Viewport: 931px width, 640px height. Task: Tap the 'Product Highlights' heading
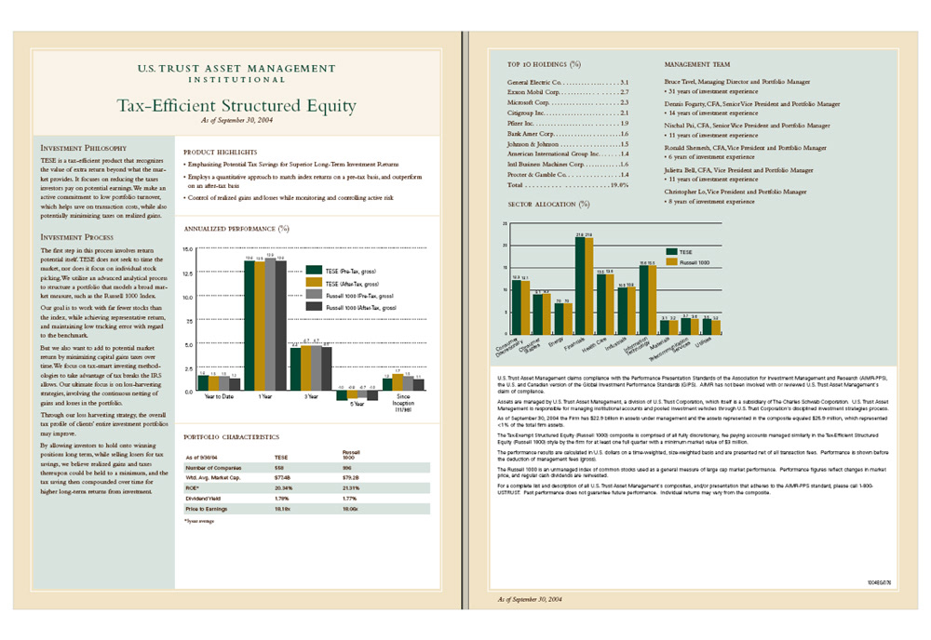(x=221, y=152)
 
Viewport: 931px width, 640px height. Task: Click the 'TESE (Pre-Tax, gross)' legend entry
(x=358, y=270)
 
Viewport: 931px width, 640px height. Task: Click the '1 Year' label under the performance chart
(x=264, y=397)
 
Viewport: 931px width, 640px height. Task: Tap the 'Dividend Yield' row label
(x=204, y=499)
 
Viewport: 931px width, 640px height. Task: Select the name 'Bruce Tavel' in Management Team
(x=684, y=82)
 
